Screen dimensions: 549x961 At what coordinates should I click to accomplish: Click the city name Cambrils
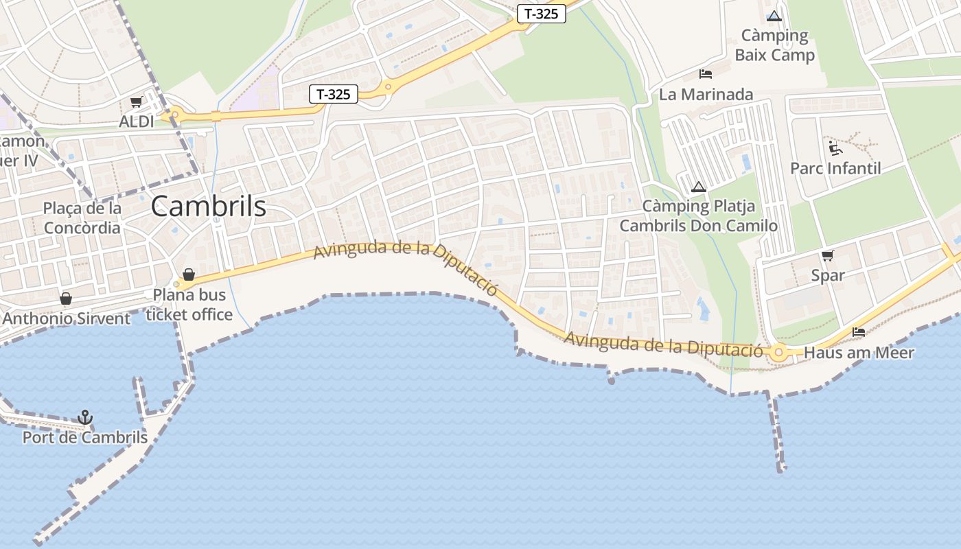pyautogui.click(x=208, y=206)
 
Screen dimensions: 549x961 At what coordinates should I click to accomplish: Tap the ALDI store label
pyautogui.click(x=137, y=121)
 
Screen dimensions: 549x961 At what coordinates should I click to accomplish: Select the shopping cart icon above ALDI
pyautogui.click(x=136, y=102)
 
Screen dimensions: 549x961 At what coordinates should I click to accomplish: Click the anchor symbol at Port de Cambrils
pyautogui.click(x=85, y=417)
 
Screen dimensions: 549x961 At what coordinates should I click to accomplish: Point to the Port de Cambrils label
pyautogui.click(x=85, y=437)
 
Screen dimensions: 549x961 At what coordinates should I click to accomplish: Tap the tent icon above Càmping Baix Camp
pyautogui.click(x=774, y=16)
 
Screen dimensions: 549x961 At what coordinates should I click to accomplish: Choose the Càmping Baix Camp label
pyautogui.click(x=774, y=45)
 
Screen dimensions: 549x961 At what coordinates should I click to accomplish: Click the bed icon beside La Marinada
pyautogui.click(x=706, y=74)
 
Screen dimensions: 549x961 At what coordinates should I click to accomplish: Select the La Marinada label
pyautogui.click(x=706, y=94)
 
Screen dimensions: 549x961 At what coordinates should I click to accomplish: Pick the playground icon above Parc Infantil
pyautogui.click(x=835, y=148)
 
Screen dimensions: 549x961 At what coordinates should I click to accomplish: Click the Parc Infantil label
pyautogui.click(x=835, y=168)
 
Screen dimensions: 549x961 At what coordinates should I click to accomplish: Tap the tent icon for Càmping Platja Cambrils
pyautogui.click(x=699, y=186)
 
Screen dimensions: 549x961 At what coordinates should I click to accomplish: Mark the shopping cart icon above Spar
pyautogui.click(x=827, y=255)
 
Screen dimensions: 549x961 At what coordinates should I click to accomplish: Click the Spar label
pyautogui.click(x=828, y=275)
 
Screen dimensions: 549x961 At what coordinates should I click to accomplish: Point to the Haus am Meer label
pyautogui.click(x=859, y=353)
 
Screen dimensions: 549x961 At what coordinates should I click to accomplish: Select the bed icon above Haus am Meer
pyautogui.click(x=858, y=332)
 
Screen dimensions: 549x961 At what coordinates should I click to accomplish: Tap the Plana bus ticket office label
pyautogui.click(x=189, y=305)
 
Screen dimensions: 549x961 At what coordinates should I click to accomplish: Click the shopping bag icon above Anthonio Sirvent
pyautogui.click(x=66, y=299)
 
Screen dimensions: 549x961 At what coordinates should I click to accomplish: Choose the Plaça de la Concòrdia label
pyautogui.click(x=82, y=218)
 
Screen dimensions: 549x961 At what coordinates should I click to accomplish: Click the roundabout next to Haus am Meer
pyautogui.click(x=778, y=353)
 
